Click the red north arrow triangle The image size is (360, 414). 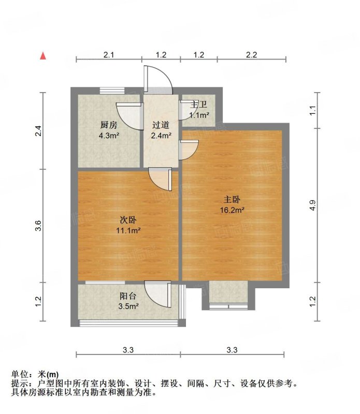(43, 56)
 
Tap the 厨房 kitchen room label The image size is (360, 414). (109, 125)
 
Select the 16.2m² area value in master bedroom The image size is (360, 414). (232, 210)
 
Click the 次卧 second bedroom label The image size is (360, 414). (128, 220)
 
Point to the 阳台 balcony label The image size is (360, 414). (128, 296)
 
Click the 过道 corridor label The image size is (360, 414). (161, 125)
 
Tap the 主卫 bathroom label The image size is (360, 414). (199, 105)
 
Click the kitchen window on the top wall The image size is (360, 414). (112, 91)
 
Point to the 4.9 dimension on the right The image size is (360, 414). (313, 205)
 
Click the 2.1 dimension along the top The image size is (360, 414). (109, 55)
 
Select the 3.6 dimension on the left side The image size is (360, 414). (39, 226)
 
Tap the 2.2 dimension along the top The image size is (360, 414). (251, 55)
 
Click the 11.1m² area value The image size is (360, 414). (128, 230)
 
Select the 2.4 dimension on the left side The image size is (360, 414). (39, 131)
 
